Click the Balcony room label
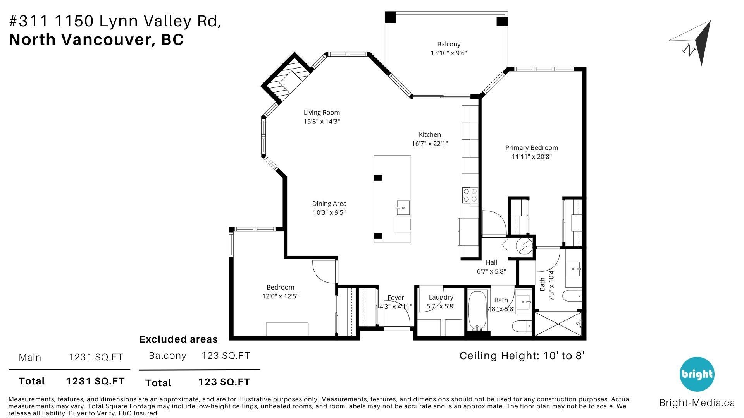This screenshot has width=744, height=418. [449, 44]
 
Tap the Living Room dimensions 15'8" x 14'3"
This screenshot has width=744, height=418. [322, 122]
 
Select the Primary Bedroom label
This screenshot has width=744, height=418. [531, 147]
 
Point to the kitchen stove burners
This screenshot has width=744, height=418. [470, 195]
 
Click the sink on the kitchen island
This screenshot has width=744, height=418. [403, 208]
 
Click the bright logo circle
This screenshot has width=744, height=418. [697, 374]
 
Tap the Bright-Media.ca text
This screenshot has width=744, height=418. [697, 403]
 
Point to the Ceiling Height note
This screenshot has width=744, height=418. [522, 356]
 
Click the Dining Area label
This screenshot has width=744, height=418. [329, 204]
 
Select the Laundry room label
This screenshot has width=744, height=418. [441, 297]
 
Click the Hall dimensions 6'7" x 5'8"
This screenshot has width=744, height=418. [491, 271]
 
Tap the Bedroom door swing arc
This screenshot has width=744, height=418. [324, 272]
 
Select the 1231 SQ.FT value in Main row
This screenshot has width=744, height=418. [96, 357]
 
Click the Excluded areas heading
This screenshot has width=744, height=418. [178, 339]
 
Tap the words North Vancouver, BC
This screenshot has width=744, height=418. [96, 40]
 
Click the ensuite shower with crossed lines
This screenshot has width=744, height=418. [558, 324]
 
